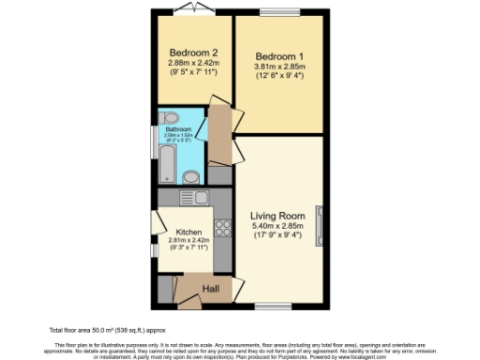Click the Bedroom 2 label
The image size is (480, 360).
tap(194, 52)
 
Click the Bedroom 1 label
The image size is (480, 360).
tap(281, 55)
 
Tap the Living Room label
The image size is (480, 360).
tap(279, 217)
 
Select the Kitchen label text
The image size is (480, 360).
tap(190, 232)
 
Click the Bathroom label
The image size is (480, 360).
tap(178, 131)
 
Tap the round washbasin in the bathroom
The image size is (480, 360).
tap(191, 176)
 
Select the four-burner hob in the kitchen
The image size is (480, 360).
tap(224, 227)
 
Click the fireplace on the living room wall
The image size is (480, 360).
tap(322, 225)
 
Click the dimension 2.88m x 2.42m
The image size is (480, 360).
tap(194, 63)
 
